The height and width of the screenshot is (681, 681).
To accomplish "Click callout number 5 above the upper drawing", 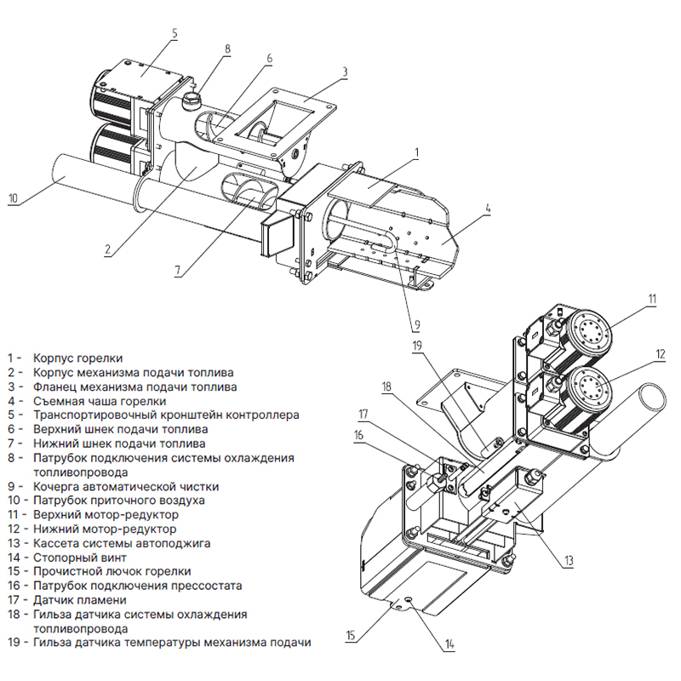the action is click(175, 33).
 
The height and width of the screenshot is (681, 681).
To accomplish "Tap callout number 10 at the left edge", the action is click(14, 198).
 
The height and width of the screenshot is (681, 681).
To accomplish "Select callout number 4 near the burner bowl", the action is click(487, 209).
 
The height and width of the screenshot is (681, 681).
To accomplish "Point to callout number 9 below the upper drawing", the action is click(417, 324).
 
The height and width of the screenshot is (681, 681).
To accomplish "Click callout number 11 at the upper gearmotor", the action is click(652, 300).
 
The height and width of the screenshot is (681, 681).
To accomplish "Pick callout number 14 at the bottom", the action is click(449, 644).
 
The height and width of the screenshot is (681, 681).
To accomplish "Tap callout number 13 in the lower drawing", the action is click(568, 561).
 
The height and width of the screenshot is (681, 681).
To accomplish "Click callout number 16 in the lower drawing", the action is click(358, 435).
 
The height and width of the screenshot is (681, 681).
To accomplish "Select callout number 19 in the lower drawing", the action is click(417, 346).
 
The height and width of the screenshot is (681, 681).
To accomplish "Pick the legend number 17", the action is click(14, 600).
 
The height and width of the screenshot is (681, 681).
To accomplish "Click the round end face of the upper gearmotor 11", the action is click(592, 332).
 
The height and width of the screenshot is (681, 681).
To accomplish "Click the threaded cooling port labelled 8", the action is click(191, 100).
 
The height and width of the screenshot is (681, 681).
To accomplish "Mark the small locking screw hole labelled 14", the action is click(409, 599).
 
